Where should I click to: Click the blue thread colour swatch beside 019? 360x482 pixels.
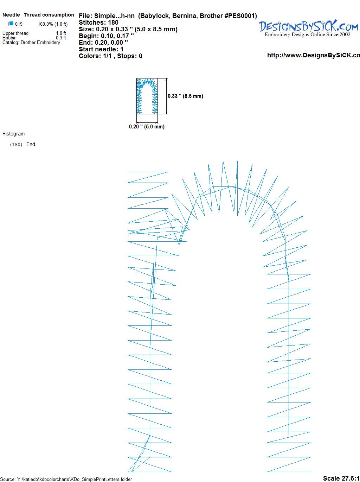(x=11, y=23)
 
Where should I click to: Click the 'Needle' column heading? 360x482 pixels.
(x=11, y=15)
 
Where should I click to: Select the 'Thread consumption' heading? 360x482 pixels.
(x=49, y=15)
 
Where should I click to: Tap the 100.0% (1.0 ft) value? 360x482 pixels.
(x=53, y=24)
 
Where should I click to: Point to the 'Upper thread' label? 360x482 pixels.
(x=15, y=33)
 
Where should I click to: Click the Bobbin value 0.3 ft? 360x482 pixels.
(x=61, y=38)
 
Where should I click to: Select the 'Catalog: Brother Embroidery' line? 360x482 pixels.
(x=31, y=42)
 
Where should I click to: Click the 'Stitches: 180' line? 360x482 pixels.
(x=98, y=23)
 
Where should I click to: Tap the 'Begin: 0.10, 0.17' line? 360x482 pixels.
(x=106, y=36)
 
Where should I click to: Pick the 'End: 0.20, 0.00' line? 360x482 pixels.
(x=103, y=42)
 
